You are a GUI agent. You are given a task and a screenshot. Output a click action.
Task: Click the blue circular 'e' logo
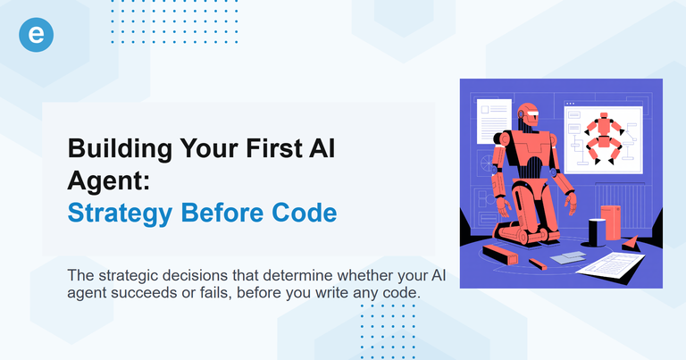point(36,35)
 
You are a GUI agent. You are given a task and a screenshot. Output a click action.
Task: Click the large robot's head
point(529,117)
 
